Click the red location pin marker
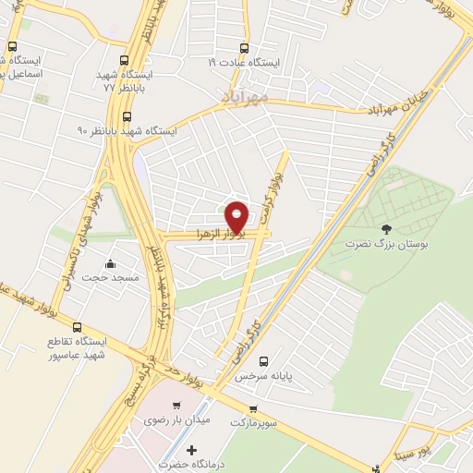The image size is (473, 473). pos(237,216)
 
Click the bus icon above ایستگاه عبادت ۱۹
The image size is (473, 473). pos(244,48)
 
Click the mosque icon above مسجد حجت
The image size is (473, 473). pos(111,262)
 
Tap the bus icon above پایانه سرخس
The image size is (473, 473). pos(264,361)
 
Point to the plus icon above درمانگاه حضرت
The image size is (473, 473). pos(191,450)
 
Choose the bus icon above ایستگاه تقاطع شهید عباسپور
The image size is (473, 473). pos(77,327)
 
